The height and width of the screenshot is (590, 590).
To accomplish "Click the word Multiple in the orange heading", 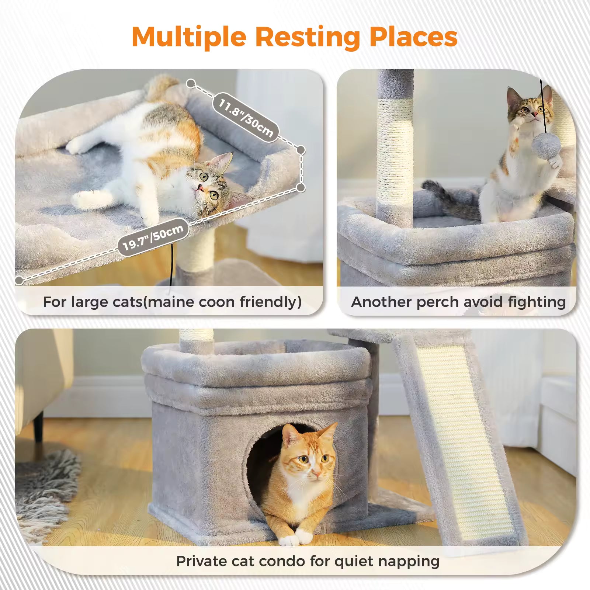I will coord(189,37).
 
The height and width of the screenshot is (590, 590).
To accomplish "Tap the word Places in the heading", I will coord(413,37).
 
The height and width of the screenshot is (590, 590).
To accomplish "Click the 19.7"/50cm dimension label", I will coord(153,237).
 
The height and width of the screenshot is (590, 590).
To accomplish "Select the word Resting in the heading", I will coord(308,37).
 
